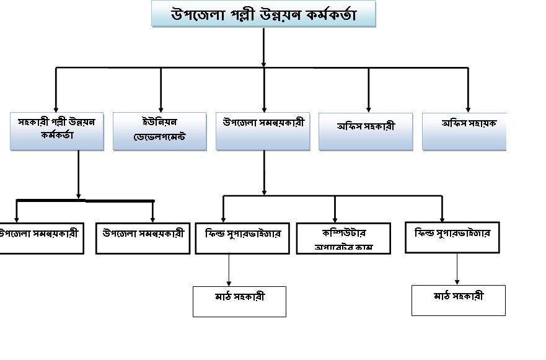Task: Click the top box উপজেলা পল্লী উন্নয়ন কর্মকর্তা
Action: (x=263, y=14)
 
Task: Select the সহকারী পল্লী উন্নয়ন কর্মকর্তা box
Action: (x=56, y=131)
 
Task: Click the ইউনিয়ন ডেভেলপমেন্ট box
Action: (x=159, y=131)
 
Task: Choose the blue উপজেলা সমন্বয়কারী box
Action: (x=263, y=131)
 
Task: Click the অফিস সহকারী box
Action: (x=366, y=131)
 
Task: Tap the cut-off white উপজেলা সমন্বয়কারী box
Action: (x=41, y=238)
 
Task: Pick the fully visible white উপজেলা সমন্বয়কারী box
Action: (x=143, y=238)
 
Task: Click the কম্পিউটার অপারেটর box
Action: (x=344, y=238)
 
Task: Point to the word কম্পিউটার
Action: (x=345, y=232)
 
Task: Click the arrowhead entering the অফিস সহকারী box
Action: (x=369, y=108)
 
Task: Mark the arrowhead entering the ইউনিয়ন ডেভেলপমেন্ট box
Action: (x=161, y=108)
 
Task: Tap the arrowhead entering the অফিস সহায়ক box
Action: (x=468, y=108)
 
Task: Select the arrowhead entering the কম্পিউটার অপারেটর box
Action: (x=335, y=218)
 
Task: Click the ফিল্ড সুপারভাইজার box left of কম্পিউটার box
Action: (x=242, y=238)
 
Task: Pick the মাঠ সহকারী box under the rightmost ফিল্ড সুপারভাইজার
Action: (x=459, y=300)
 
